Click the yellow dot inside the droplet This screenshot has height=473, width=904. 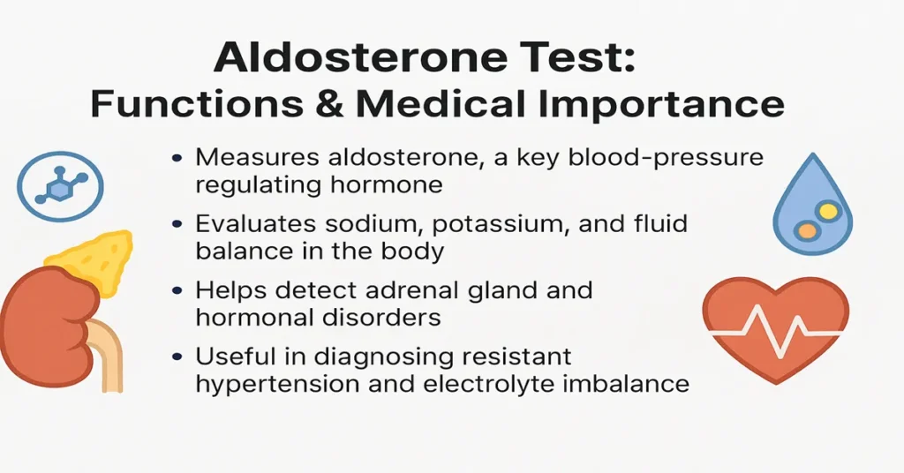[827, 212]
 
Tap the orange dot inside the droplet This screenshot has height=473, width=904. [805, 231]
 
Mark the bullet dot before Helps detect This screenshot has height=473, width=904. [179, 291]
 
